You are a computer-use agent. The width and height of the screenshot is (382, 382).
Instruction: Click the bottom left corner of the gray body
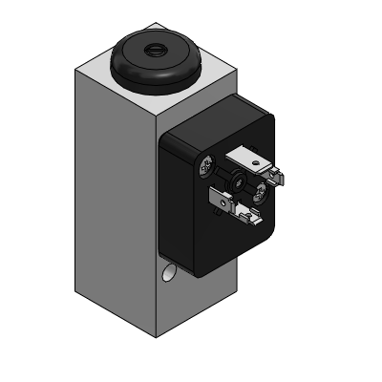(76, 290)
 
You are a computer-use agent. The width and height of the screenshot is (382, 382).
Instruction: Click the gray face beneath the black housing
(196, 296)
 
